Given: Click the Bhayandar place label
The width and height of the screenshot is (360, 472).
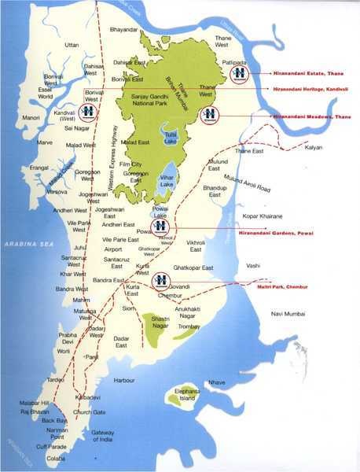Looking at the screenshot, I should click(x=124, y=29).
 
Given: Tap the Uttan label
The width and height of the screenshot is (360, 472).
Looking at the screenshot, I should click(x=72, y=46).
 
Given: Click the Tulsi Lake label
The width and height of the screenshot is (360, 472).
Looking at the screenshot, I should click(x=171, y=138).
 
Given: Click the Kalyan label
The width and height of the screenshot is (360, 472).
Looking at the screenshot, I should click(x=315, y=147).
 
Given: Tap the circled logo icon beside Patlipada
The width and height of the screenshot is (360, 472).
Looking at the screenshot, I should click(x=239, y=73).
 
